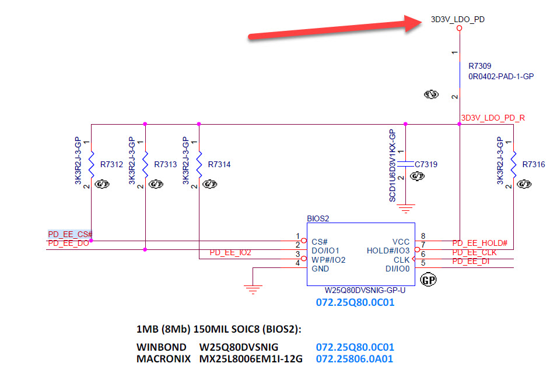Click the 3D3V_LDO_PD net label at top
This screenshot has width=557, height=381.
tap(458, 19)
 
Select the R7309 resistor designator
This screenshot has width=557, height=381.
tap(480, 66)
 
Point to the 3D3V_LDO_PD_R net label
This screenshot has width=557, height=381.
tap(493, 118)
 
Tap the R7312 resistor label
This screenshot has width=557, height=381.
tap(111, 165)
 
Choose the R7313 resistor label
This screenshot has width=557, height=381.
tap(166, 165)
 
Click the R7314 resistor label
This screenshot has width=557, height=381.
tap(219, 165)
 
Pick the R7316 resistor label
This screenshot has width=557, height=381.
tap(534, 165)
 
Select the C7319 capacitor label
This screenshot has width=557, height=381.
tap(425, 165)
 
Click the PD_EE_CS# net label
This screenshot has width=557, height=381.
tap(70, 234)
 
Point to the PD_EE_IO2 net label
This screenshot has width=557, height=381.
tap(230, 252)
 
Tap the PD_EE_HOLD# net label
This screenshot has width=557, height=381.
tap(479, 243)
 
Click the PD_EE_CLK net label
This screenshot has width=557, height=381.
tap(474, 252)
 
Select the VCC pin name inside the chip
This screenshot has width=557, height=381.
tap(401, 241)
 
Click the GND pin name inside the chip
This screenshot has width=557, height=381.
tap(320, 269)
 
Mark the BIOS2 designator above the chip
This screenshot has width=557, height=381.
tap(318, 218)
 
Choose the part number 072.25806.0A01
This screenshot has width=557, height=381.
tap(354, 359)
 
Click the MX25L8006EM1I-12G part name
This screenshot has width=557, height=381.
tap(251, 359)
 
